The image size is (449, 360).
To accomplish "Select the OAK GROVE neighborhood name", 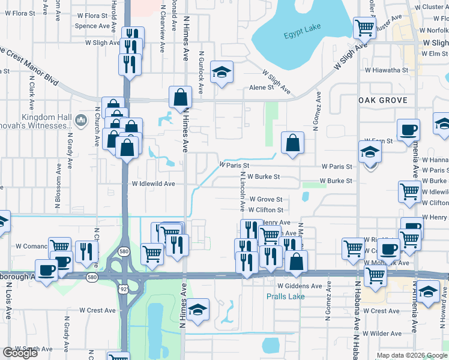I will pyautogui.click(x=382, y=100).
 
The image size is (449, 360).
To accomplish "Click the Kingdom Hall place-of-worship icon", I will pyautogui.click(x=82, y=122).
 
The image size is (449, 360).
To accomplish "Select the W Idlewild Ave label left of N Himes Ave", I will pyautogui.click(x=153, y=184).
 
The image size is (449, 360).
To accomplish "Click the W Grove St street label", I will pyautogui.click(x=265, y=199).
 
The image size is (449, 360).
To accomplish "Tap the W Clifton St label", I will pyautogui.click(x=265, y=210).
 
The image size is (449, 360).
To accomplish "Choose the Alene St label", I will pyautogui.click(x=261, y=88).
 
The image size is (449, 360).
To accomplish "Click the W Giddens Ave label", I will pyautogui.click(x=300, y=286).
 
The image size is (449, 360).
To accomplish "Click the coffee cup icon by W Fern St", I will pyautogui.click(x=408, y=129).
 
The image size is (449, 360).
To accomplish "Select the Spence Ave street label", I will pyautogui.click(x=92, y=26).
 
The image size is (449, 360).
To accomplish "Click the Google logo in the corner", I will pyautogui.click(x=20, y=353).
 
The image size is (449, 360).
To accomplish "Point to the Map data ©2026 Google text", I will pyautogui.click(x=411, y=355).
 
